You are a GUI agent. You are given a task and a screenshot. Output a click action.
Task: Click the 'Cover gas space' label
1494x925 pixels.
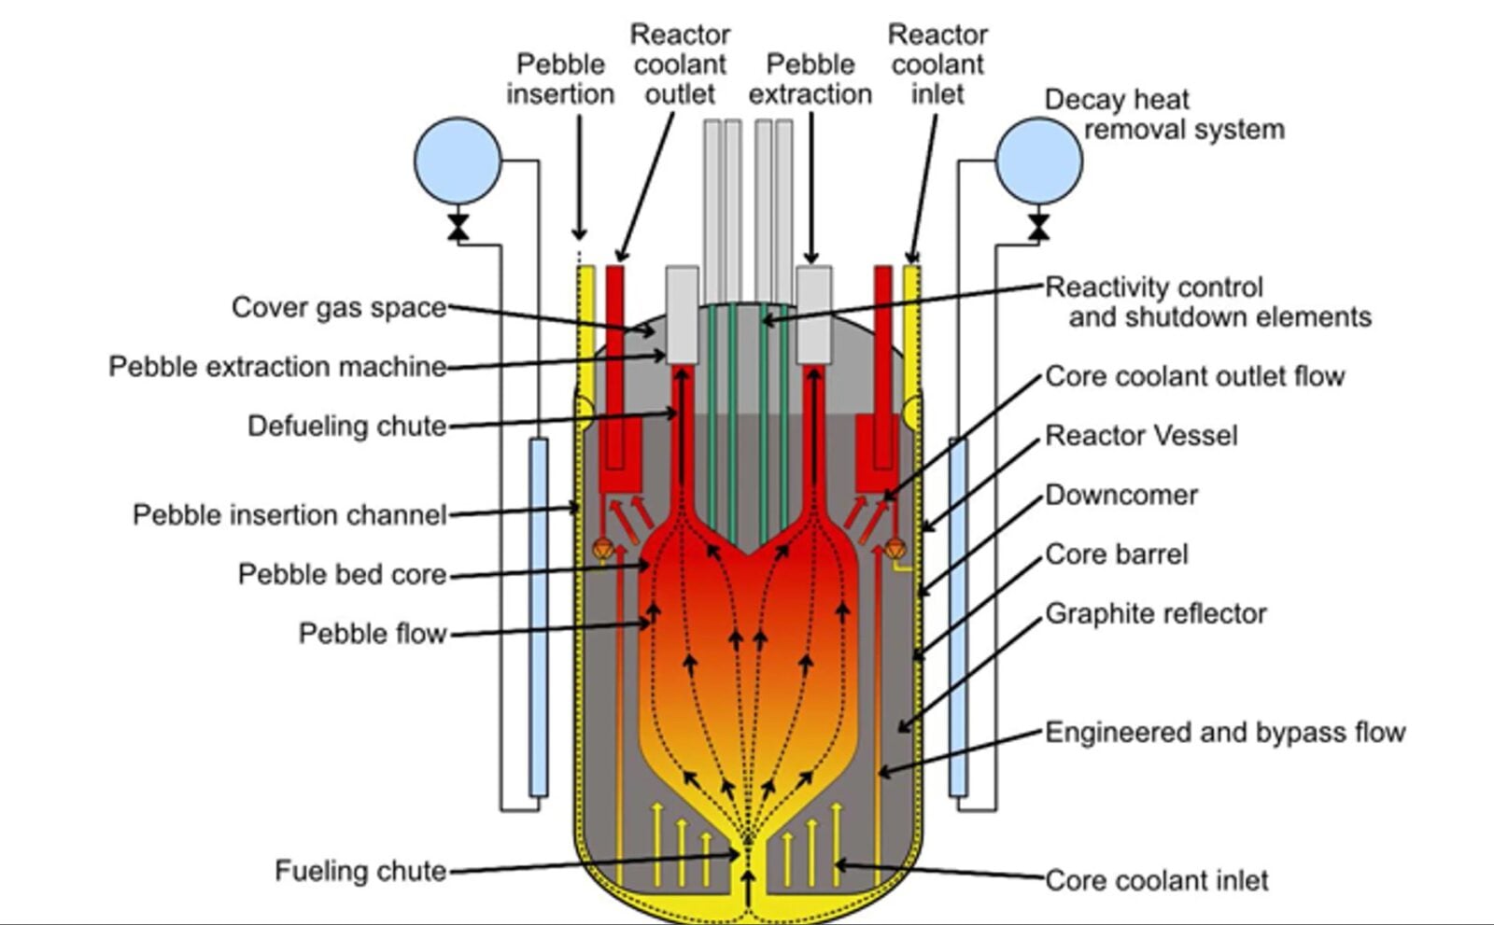(338, 307)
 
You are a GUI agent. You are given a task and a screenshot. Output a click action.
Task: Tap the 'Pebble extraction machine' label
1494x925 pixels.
(277, 366)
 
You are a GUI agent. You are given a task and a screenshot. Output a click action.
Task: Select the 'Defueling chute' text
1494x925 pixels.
(346, 426)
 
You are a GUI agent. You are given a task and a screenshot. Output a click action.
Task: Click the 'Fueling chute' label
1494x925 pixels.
(360, 871)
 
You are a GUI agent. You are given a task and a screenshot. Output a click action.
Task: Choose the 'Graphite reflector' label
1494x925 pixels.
(1155, 613)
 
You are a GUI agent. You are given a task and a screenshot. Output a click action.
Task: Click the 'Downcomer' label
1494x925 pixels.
(1120, 495)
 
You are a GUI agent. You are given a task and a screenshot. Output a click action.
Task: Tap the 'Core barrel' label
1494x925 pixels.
(1116, 554)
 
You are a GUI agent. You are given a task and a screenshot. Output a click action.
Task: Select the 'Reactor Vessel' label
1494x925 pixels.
(1141, 435)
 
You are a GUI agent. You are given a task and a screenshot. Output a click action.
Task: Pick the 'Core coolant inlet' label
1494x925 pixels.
(1156, 880)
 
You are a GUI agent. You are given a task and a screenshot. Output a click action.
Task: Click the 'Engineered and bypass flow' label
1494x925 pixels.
(1224, 732)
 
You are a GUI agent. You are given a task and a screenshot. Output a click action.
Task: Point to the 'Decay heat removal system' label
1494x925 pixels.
(1163, 114)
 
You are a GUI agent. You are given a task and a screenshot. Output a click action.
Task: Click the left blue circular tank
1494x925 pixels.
(458, 161)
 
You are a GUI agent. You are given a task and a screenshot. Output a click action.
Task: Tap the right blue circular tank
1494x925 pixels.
(1038, 161)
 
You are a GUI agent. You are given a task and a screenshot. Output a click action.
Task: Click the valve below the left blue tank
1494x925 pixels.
(458, 227)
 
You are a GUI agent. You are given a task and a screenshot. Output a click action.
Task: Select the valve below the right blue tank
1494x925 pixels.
(1038, 227)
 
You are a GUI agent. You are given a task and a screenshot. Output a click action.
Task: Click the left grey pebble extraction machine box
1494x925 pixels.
(682, 315)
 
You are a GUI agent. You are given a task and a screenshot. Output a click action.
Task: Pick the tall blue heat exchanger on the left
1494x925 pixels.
(539, 616)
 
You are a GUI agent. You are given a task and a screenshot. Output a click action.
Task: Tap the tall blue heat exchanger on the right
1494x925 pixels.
(958, 616)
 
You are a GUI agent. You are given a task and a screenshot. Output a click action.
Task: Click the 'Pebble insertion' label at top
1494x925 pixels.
(560, 78)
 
